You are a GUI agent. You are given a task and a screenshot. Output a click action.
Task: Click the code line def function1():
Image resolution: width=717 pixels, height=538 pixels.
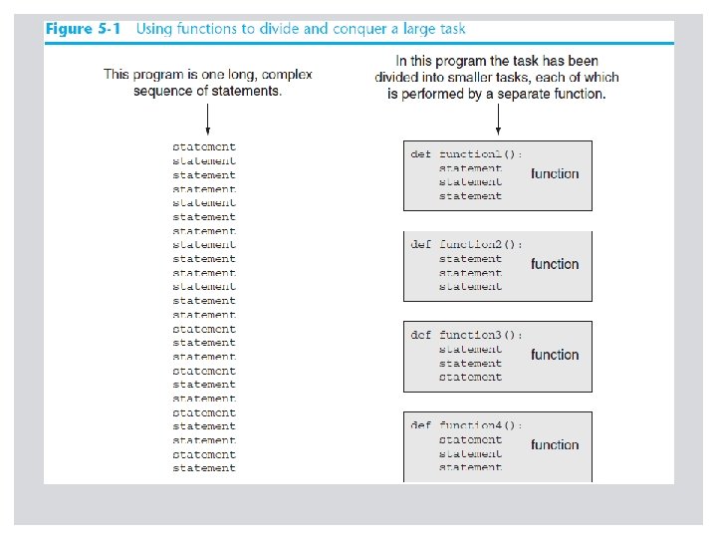pyautogui.click(x=466, y=154)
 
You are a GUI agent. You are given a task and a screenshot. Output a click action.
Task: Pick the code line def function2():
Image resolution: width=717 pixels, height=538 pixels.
pyautogui.click(x=466, y=245)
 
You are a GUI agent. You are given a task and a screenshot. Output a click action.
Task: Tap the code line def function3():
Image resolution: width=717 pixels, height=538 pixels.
pyautogui.click(x=466, y=336)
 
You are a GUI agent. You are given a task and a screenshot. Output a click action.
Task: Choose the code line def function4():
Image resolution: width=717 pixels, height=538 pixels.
pyautogui.click(x=466, y=425)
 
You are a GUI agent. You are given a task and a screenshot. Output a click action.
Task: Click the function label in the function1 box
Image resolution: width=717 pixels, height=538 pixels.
pyautogui.click(x=555, y=174)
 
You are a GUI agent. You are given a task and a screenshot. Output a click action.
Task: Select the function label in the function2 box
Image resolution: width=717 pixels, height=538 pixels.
pyautogui.click(x=555, y=265)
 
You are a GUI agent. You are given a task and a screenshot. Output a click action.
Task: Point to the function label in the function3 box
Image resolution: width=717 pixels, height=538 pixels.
pyautogui.click(x=555, y=356)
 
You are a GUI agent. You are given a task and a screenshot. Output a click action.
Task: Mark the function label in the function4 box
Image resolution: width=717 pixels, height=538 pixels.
pyautogui.click(x=555, y=445)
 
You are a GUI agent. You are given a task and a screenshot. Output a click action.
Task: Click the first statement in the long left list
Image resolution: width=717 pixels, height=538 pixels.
pyautogui.click(x=204, y=147)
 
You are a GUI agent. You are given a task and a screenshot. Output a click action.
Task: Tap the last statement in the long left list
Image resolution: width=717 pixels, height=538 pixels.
pyautogui.click(x=204, y=468)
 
